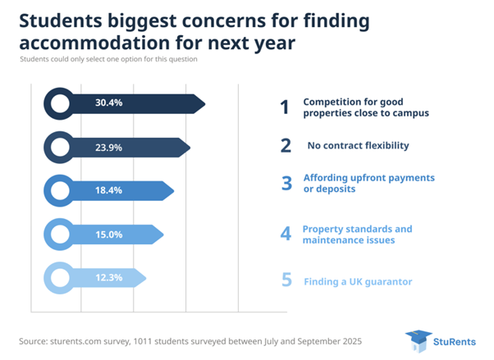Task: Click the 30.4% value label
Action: [x=108, y=103]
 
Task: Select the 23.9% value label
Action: [x=108, y=147]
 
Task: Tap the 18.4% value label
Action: [x=108, y=191]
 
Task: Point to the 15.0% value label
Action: [x=108, y=235]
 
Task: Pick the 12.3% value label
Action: [x=108, y=278]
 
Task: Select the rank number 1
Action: [x=285, y=107]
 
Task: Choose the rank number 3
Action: [x=286, y=183]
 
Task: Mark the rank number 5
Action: [x=286, y=280]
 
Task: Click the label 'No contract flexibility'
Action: [x=358, y=146]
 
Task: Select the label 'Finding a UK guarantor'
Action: [x=358, y=281]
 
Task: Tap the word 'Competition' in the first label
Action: [x=332, y=102]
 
